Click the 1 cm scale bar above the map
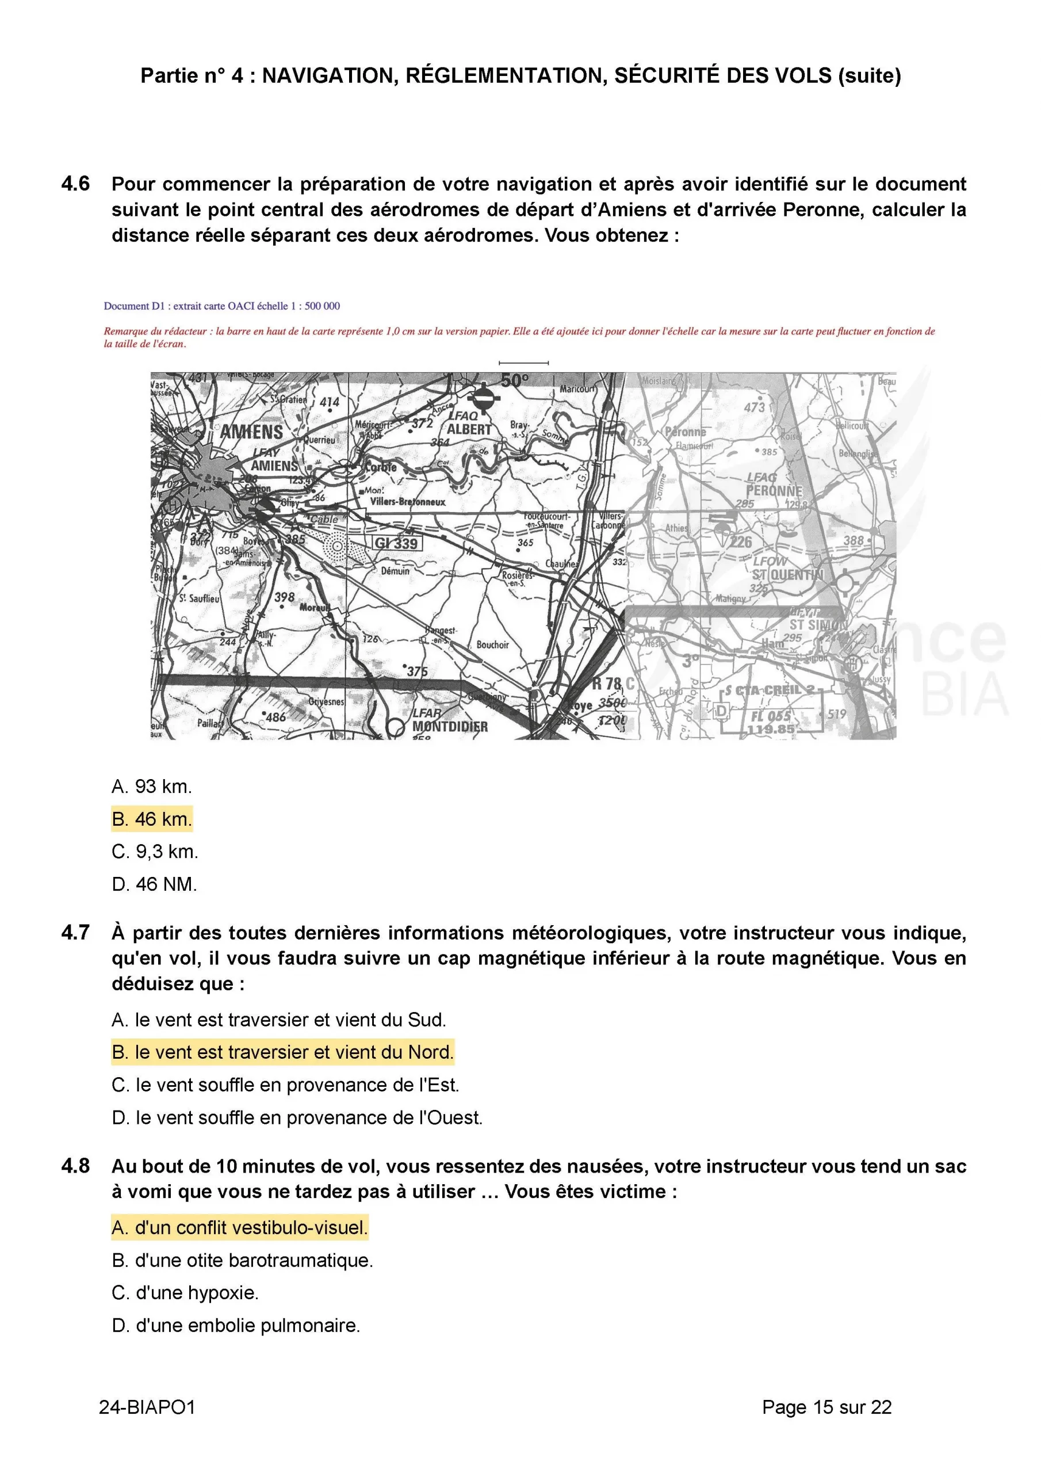point(523,363)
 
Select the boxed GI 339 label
point(397,543)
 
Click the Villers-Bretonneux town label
point(407,502)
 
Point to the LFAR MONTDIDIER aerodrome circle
point(396,727)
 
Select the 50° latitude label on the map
point(514,381)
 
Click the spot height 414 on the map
point(330,402)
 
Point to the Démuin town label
point(395,570)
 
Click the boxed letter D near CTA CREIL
point(722,711)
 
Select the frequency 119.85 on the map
point(770,730)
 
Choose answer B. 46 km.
point(152,819)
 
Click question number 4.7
point(76,932)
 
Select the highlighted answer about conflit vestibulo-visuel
point(239,1227)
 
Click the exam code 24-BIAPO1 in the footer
point(147,1407)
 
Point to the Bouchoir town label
point(492,645)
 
